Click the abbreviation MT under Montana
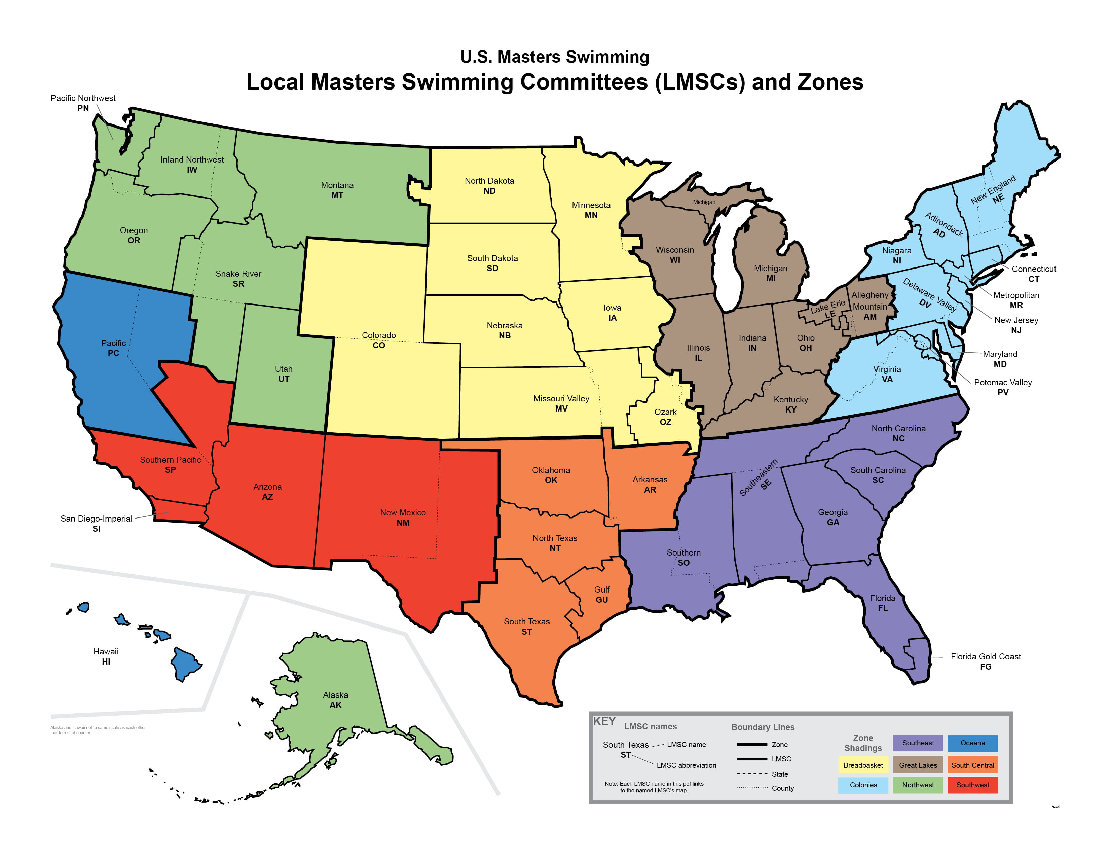pos(337,195)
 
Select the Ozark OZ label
pos(665,417)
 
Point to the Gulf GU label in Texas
pos(602,594)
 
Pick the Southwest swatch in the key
pos(972,785)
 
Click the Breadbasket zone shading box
pos(863,765)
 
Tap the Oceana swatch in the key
pos(972,743)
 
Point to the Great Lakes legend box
pos(918,765)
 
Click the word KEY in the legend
pos(604,721)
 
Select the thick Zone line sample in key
pos(752,745)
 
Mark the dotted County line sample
pos(752,788)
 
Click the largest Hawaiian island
pos(185,663)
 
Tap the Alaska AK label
pos(335,700)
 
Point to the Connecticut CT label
pos(1033,274)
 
